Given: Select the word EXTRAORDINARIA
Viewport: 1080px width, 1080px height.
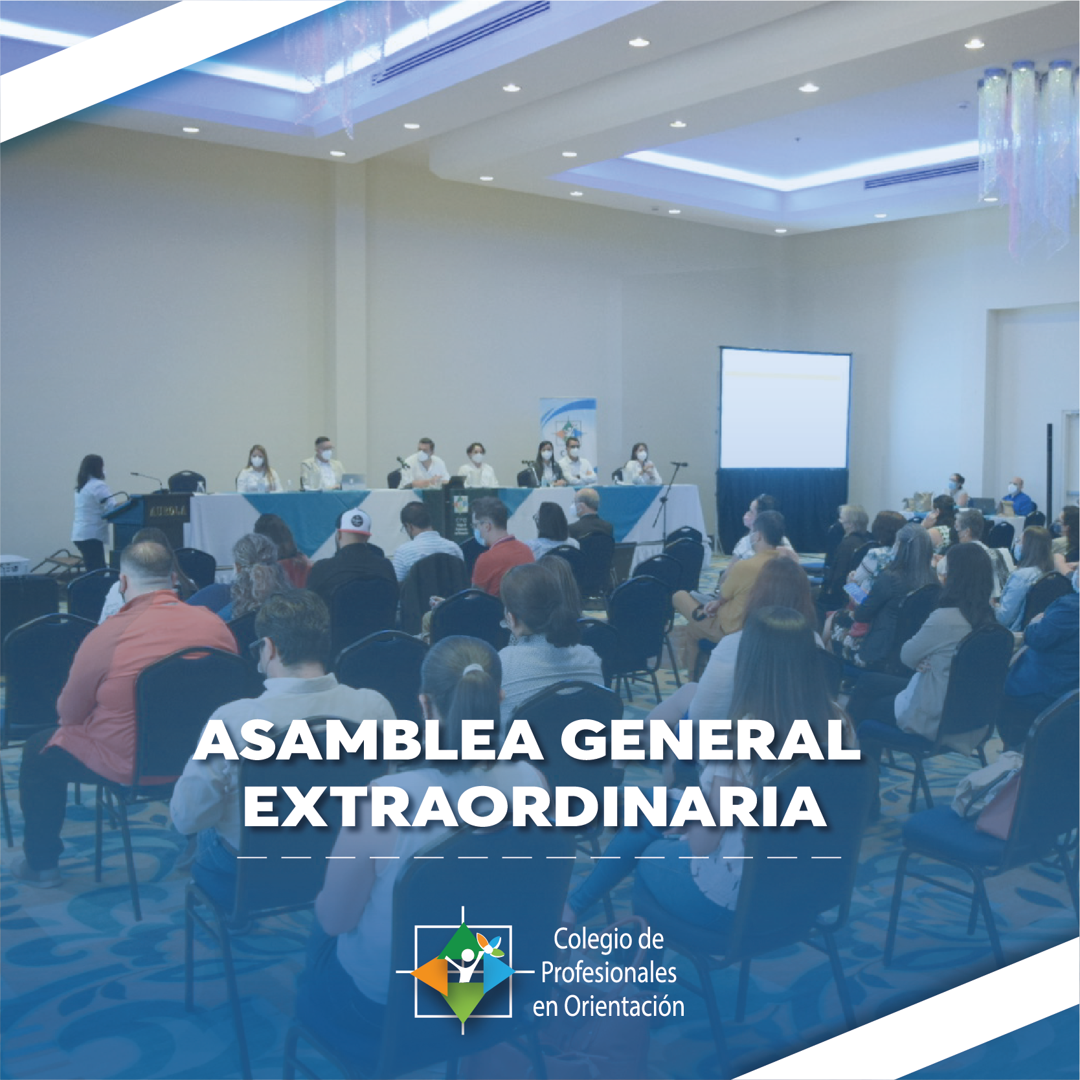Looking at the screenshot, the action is tap(534, 807).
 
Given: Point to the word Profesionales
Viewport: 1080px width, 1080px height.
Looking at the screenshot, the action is tap(609, 973).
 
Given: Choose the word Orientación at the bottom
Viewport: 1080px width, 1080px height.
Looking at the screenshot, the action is tap(624, 1006).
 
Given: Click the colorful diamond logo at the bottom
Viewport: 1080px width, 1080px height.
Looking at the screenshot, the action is tap(462, 971).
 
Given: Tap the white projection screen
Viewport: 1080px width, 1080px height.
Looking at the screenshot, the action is tap(785, 409).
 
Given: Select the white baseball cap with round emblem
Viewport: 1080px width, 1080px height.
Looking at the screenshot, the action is tap(355, 521).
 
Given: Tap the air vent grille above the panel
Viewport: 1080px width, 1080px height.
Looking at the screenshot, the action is tap(460, 43).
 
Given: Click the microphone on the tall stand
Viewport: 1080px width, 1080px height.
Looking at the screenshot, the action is tap(679, 464).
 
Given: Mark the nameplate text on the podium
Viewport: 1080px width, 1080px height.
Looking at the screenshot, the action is tap(168, 512).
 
